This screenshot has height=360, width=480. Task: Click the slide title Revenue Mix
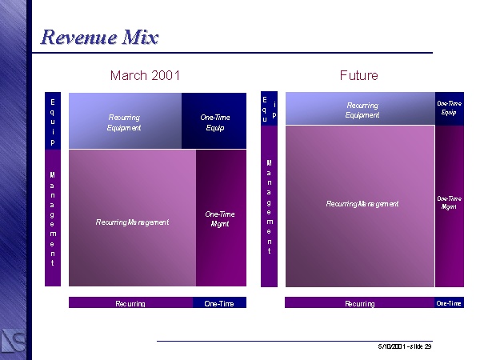99,38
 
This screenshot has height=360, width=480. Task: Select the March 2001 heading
145,75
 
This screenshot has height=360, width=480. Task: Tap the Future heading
358,75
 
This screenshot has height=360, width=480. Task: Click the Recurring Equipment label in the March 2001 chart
124,122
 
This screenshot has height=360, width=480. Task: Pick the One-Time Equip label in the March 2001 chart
215,122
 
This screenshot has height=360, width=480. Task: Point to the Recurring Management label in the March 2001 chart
132,222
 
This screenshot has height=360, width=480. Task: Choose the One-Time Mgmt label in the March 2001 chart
220,219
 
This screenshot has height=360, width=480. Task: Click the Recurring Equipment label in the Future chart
362,110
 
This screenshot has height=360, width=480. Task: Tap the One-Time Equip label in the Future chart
449,108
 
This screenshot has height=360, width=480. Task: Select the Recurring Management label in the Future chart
362,203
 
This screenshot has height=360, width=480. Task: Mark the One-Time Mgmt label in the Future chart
449,202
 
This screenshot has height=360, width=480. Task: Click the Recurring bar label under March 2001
130,304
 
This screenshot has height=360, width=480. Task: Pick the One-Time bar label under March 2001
219,304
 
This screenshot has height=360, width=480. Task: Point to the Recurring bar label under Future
360,304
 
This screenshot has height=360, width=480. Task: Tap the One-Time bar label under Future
449,303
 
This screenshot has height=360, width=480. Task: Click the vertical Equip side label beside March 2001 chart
53,122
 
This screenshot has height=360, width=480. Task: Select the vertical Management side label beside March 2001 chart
53,219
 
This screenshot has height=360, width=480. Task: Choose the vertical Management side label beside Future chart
270,207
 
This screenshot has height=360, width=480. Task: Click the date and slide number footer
405,346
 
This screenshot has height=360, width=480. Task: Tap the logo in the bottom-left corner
13,342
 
